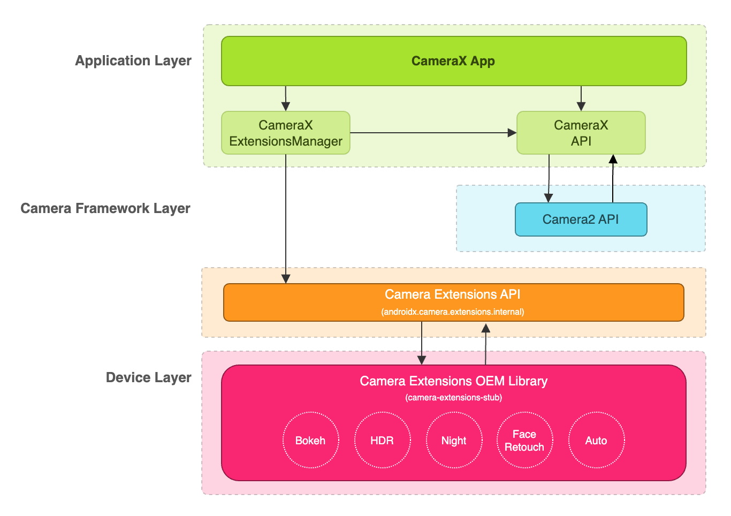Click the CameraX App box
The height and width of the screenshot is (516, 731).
pyautogui.click(x=453, y=61)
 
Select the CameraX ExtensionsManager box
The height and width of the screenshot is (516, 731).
pyautogui.click(x=286, y=133)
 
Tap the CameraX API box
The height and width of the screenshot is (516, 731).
pyautogui.click(x=581, y=133)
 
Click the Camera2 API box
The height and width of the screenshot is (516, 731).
pyautogui.click(x=581, y=219)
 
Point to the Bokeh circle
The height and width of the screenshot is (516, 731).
pyautogui.click(x=310, y=441)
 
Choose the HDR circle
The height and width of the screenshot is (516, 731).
pyautogui.click(x=382, y=441)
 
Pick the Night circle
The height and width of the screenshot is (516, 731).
pyautogui.click(x=454, y=441)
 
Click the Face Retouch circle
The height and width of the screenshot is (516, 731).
pyautogui.click(x=524, y=441)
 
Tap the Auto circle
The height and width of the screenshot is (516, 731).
pyautogui.click(x=596, y=441)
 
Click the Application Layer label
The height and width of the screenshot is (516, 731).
pyautogui.click(x=133, y=60)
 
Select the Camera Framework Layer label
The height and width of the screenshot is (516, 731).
pyautogui.click(x=105, y=208)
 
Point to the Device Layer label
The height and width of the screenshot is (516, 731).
pyautogui.click(x=149, y=377)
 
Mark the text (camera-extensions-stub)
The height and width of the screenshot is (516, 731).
pyautogui.click(x=453, y=397)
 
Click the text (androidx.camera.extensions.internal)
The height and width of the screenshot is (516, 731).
pyautogui.click(x=453, y=312)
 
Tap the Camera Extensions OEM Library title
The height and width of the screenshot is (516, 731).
pyautogui.click(x=453, y=381)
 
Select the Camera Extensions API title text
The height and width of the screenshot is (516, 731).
pyautogui.click(x=453, y=294)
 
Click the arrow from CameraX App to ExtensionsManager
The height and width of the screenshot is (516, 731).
pyautogui.click(x=286, y=98)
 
